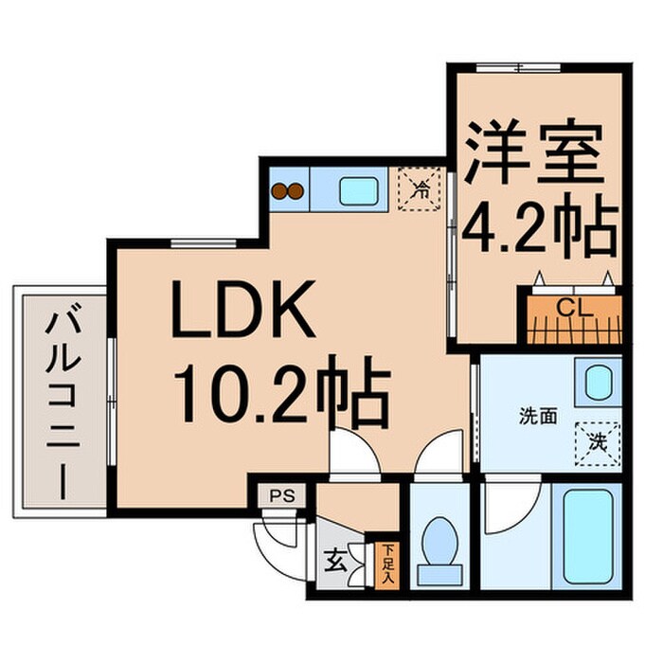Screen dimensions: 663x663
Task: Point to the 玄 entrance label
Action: point(335,561)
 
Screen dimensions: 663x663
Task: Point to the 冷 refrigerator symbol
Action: point(419,187)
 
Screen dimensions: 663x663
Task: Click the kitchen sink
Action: point(358,189)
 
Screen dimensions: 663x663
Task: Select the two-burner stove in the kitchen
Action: point(288,190)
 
